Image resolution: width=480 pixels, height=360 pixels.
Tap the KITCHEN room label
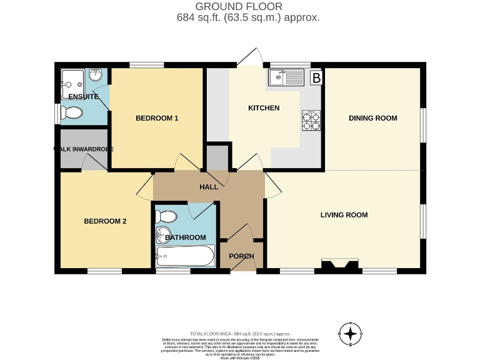tap(264, 108)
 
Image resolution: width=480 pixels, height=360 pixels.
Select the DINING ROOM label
tap(372, 118)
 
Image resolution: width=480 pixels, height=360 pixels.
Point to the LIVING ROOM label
tap(344, 215)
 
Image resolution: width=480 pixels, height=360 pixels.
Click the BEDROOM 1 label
tap(157, 118)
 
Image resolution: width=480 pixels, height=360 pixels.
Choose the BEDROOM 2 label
tap(106, 221)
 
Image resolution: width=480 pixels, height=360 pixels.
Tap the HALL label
tap(209, 187)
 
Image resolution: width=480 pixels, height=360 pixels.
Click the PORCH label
tap(242, 256)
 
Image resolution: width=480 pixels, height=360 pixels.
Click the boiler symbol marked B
tap(316, 78)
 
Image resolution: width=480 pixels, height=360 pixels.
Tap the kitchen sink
tap(286, 78)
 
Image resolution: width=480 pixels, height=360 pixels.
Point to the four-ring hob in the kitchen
tap(311, 121)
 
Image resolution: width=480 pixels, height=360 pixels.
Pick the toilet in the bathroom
tap(167, 217)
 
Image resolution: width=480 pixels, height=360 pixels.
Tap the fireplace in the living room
tap(341, 266)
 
